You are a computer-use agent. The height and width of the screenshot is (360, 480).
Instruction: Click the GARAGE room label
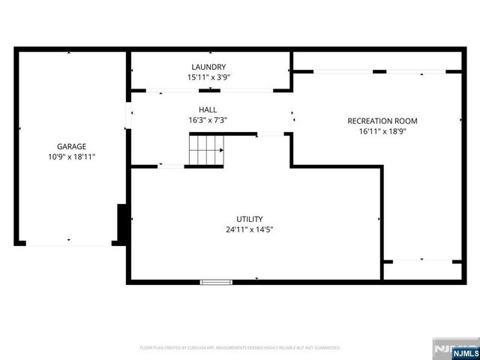click(x=72, y=146)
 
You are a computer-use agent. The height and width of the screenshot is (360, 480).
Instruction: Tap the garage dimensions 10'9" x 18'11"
click(x=72, y=157)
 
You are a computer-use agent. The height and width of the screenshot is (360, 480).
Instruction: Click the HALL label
click(x=208, y=109)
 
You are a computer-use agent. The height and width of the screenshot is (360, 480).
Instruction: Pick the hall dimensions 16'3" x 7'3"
click(x=208, y=120)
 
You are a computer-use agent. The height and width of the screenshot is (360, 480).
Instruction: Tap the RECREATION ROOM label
click(x=382, y=121)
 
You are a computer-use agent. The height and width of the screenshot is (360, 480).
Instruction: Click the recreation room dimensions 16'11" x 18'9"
click(x=382, y=131)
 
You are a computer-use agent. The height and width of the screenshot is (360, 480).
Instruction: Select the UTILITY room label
click(x=250, y=219)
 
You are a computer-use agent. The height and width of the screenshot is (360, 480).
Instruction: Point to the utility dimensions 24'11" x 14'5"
click(x=250, y=229)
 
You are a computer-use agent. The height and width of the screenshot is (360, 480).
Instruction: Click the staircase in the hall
click(x=204, y=150)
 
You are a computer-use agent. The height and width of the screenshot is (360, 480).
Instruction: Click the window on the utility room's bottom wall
click(x=216, y=282)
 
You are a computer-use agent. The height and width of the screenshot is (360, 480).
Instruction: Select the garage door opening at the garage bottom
click(x=69, y=243)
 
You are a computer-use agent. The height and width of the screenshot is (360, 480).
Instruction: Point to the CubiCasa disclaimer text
click(x=240, y=348)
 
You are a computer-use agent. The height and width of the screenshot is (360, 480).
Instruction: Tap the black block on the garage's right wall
click(x=121, y=223)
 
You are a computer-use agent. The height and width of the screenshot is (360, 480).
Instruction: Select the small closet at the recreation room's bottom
click(x=421, y=271)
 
